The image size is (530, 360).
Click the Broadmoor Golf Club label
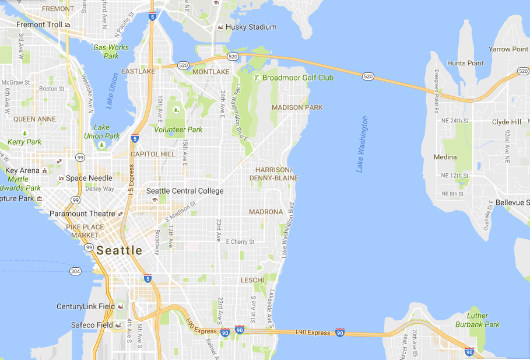[x=297, y=78]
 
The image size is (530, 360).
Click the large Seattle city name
[x=120, y=250]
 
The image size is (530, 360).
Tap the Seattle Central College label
[x=185, y=191]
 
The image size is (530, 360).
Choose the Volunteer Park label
[x=178, y=130]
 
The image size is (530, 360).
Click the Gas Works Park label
[x=111, y=51]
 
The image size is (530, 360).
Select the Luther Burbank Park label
[x=483, y=320]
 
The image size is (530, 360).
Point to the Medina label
[x=445, y=157]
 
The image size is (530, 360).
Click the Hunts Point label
[x=465, y=63]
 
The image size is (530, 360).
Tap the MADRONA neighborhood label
[x=266, y=212]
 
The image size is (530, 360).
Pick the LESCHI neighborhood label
[x=253, y=281]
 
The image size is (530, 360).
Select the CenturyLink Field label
[x=85, y=306]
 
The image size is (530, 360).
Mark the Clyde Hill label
[x=507, y=123]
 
